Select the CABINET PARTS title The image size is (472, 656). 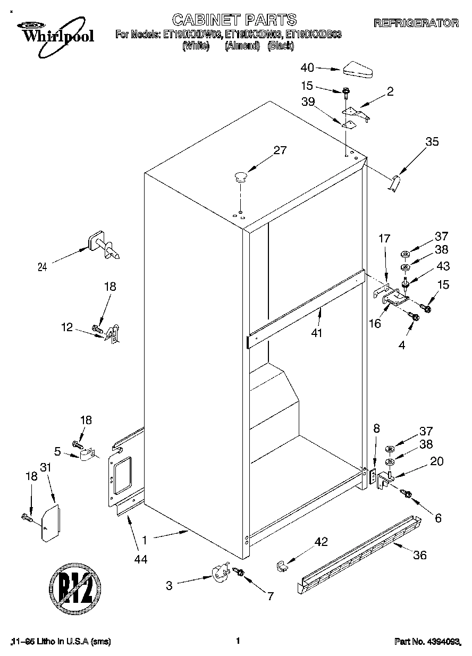click(234, 20)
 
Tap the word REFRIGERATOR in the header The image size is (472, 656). click(416, 23)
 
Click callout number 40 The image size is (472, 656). click(308, 68)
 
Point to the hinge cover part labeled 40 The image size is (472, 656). click(359, 68)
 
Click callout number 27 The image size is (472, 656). click(280, 150)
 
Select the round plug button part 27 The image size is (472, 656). click(241, 176)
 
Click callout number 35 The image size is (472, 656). click(432, 141)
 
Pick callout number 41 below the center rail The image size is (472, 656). click(319, 333)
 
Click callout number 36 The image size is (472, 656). click(419, 556)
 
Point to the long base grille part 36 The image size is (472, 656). click(359, 556)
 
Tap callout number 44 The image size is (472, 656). click(140, 559)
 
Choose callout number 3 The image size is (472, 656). click(169, 586)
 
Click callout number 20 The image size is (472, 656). click(436, 461)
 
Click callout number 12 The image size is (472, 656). click(66, 327)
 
